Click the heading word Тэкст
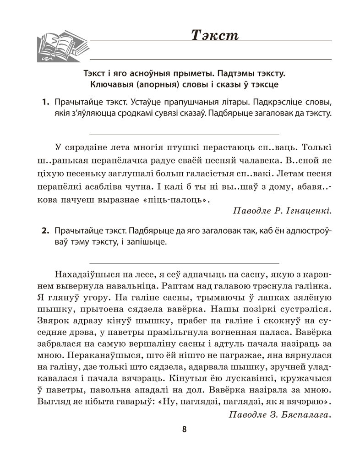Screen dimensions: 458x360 (x=214, y=35)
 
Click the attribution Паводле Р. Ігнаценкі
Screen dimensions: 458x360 (x=282, y=211)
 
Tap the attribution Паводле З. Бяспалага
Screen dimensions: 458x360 (x=278, y=415)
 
